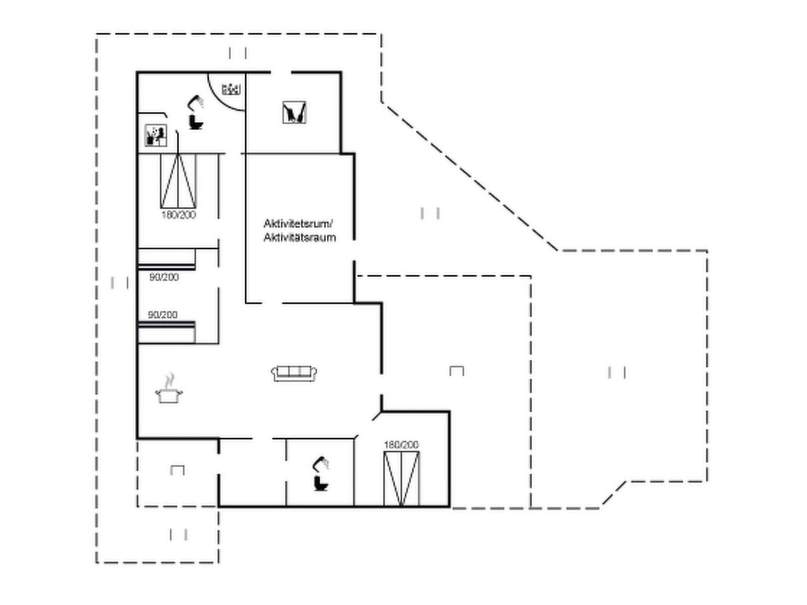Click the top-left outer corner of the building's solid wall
137,72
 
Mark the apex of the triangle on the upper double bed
179,155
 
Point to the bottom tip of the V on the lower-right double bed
401,506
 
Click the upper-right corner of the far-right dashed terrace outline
707,251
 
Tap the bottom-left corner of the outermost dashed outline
97,562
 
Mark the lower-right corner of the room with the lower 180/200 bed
449,507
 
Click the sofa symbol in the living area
294,373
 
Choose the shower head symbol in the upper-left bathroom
196,102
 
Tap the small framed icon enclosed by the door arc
231,89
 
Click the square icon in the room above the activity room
294,112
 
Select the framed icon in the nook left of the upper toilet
155,135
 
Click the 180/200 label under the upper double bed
179,215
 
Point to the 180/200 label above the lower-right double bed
401,445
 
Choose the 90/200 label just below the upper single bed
164,277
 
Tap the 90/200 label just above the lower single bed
162,315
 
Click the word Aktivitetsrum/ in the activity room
298,224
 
